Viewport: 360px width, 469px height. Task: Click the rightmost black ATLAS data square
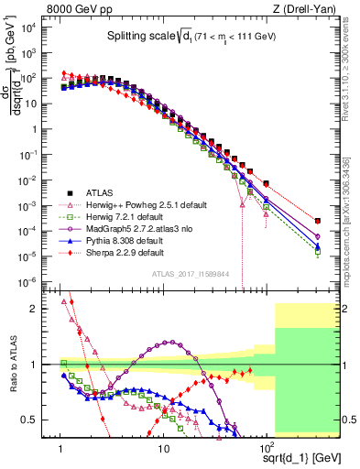click(317, 221)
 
